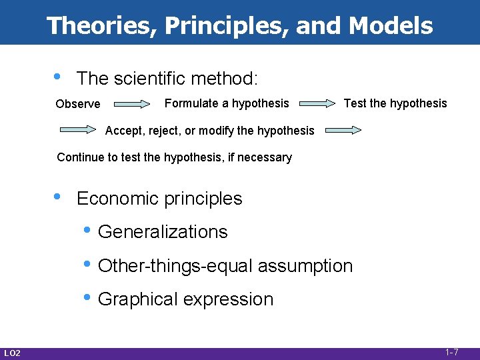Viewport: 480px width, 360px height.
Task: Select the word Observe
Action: tap(78, 104)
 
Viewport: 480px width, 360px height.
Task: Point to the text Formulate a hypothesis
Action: tap(227, 103)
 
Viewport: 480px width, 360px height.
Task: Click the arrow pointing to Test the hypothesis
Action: tap(317, 104)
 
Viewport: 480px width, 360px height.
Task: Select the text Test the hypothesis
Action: tap(395, 103)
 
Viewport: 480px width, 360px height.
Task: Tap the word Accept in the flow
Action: tap(122, 131)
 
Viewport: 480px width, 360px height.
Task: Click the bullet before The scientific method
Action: tap(59, 76)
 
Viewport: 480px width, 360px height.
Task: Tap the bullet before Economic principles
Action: tap(59, 196)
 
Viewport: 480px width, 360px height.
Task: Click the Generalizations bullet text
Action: tap(163, 232)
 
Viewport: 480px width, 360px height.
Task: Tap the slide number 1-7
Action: tap(451, 352)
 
